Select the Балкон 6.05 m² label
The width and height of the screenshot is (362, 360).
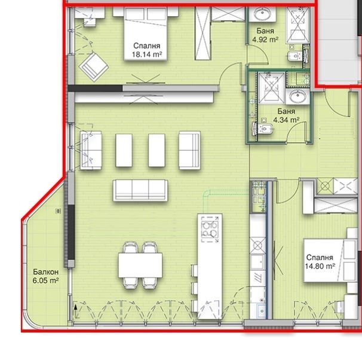click(46, 276)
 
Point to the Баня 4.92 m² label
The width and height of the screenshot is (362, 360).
click(265, 35)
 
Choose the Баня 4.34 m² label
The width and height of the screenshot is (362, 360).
click(286, 115)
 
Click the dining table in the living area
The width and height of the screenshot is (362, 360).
click(140, 265)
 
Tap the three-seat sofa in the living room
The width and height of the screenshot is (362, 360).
click(140, 190)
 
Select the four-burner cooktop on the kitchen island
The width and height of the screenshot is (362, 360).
click(210, 229)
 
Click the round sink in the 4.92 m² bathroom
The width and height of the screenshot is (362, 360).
click(262, 14)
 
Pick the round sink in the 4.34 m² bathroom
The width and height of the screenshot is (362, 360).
click(297, 97)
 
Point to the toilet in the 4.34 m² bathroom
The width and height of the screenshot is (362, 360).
click(265, 127)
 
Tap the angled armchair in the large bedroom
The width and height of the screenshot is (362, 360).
click(94, 67)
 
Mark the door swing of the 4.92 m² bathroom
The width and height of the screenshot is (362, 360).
click(257, 55)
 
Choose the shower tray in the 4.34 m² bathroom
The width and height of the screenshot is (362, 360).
click(271, 87)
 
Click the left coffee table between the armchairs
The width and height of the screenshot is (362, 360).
click(124, 150)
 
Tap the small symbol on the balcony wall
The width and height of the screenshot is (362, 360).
click(59, 210)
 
